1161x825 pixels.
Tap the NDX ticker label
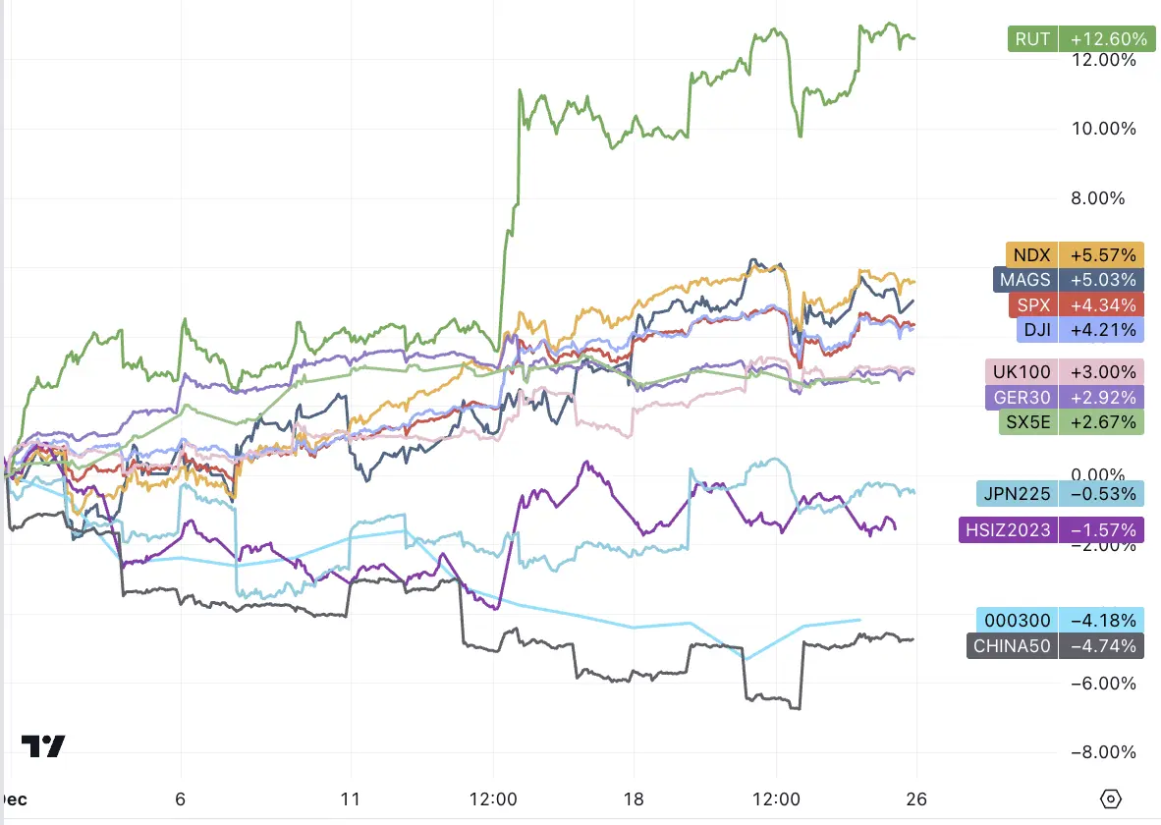coord(1031,253)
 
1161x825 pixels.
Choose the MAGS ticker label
coord(1024,279)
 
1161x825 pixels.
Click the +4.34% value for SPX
coord(1103,304)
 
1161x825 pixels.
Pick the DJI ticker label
coord(1036,330)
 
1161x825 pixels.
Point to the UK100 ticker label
coord(1022,372)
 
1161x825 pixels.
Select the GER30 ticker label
coord(1022,398)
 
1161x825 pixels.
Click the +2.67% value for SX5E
coord(1103,423)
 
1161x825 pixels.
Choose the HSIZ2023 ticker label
coord(1008,530)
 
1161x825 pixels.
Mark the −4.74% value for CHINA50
coord(1103,646)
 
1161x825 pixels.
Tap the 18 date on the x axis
coord(635,798)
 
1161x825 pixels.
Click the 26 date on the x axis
coord(917,798)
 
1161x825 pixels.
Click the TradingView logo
coord(43,746)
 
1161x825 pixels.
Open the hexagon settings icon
coord(1111,798)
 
